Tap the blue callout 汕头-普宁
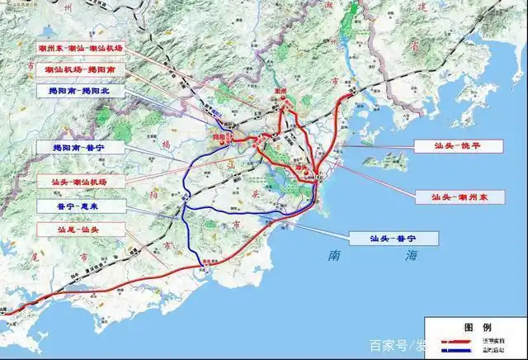(x=393, y=239)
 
